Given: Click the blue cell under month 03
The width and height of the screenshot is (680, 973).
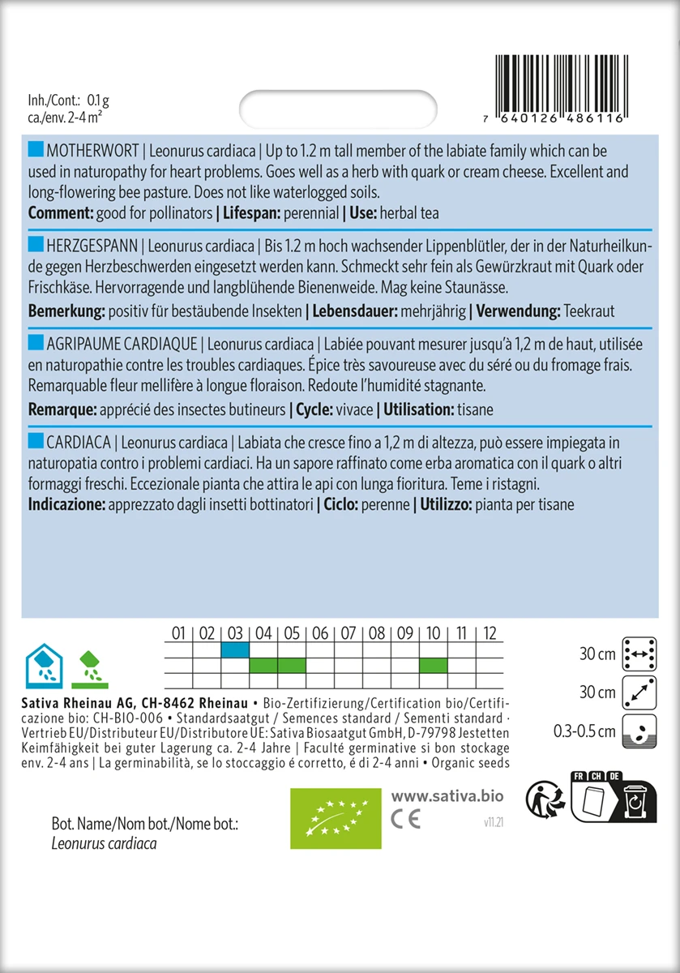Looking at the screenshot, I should click(x=235, y=649).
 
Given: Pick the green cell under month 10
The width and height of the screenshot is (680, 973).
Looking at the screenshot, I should click(x=434, y=666).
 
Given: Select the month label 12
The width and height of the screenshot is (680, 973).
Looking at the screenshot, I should click(x=489, y=633).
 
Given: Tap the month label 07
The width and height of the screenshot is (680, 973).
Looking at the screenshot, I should click(x=349, y=633).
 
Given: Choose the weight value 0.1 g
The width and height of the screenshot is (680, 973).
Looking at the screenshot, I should click(x=98, y=101).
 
